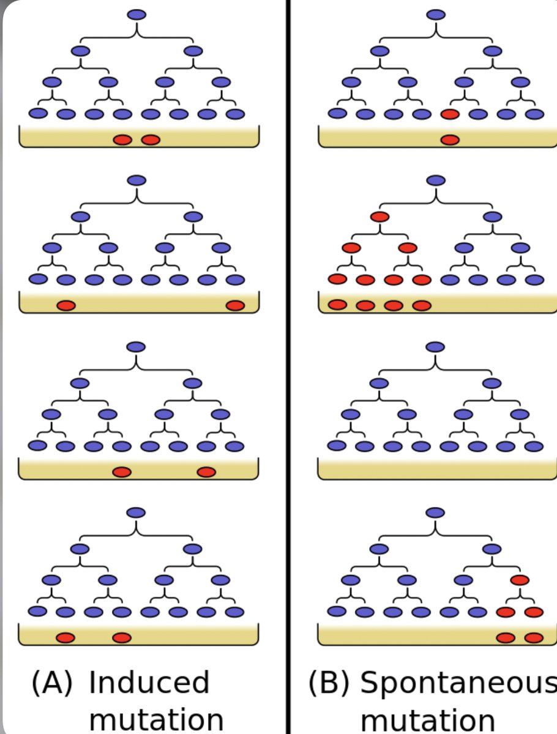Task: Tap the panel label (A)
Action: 51,683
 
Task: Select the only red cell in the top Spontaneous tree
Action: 449,114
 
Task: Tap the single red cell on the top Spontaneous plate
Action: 450,140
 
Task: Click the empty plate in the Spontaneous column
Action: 437,470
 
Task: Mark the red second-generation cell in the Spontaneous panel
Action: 379,217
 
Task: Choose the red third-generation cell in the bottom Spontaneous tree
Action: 520,580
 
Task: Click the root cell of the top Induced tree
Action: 138,15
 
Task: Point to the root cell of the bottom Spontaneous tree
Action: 435,513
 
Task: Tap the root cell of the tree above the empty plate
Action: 435,347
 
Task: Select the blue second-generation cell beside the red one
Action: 492,217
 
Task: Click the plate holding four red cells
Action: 437,304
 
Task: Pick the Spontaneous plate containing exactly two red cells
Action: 437,637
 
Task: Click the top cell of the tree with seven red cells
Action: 436,180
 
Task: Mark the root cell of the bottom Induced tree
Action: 136,513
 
